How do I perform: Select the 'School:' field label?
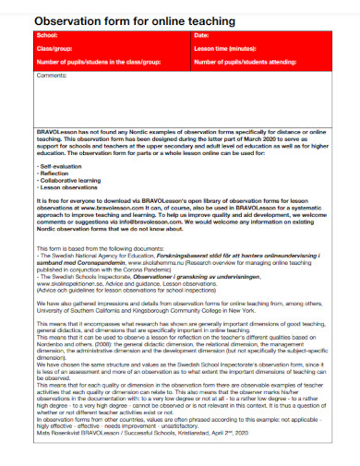[x=48, y=35]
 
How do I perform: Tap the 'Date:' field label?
[x=202, y=35]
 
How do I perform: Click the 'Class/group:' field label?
[x=54, y=48]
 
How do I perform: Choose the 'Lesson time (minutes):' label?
[x=225, y=48]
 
